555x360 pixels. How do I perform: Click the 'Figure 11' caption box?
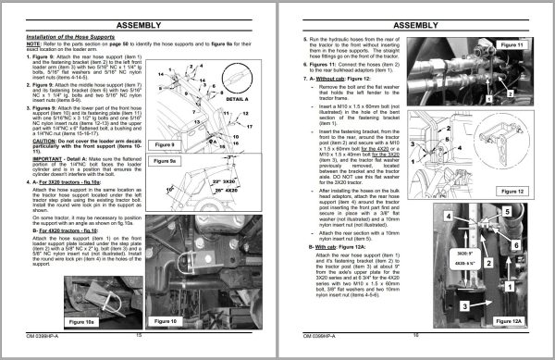pyautogui.click(x=510, y=44)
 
